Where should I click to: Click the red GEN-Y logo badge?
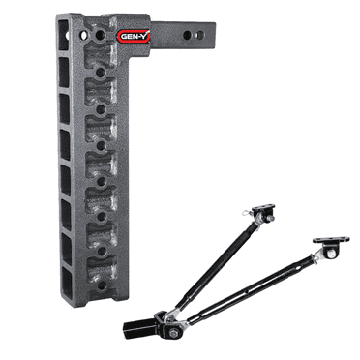point(134,36)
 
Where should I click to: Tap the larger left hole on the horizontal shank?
point(188,35)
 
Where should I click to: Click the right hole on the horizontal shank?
point(199,35)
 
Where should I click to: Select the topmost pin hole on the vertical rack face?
point(99,35)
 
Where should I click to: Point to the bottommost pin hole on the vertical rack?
point(102,285)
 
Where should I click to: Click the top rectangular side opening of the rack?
point(64,35)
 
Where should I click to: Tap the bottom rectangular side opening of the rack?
point(67,285)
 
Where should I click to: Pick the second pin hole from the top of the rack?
point(101,73)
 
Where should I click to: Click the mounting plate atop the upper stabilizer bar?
point(264,207)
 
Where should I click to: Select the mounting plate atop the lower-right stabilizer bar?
point(331,240)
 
